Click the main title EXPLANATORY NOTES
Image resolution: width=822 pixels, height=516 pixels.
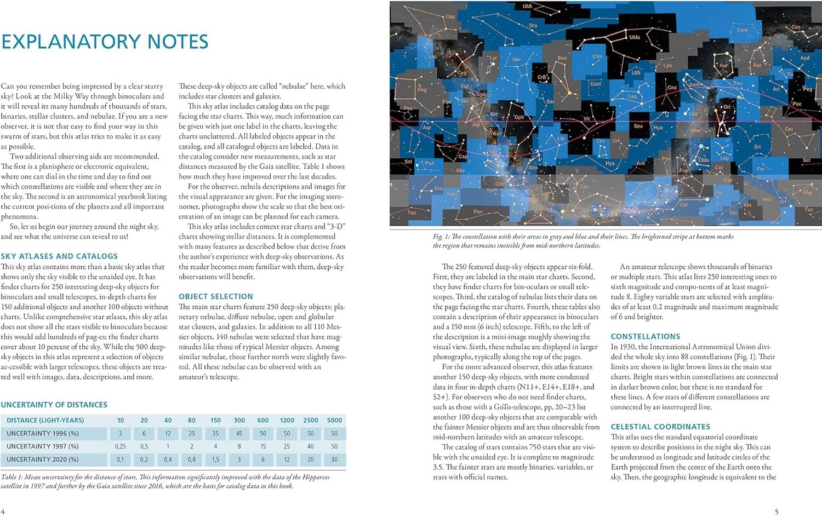(x=104, y=42)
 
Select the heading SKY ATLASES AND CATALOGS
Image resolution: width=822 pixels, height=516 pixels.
(x=59, y=256)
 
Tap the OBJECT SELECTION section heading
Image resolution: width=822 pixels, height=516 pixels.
(x=215, y=296)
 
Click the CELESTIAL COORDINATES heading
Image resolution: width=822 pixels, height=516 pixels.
(x=660, y=426)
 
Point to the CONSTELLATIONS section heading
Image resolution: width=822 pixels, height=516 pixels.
(x=645, y=336)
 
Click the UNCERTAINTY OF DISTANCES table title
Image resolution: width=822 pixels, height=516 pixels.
(x=54, y=405)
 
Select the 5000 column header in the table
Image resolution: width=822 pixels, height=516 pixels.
(x=334, y=420)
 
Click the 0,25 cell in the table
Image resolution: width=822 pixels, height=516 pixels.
(x=120, y=446)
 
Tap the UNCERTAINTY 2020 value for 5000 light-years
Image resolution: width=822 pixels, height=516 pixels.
(x=334, y=460)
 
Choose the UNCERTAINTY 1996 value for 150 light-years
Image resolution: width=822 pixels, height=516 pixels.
(x=215, y=433)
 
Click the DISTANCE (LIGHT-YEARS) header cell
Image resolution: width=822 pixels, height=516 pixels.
(x=45, y=420)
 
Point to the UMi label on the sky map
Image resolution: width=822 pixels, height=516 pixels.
(x=527, y=7)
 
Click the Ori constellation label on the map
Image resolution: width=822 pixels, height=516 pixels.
(x=727, y=107)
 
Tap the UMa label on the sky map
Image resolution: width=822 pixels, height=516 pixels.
(x=634, y=37)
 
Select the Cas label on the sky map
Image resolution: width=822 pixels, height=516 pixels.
(x=795, y=27)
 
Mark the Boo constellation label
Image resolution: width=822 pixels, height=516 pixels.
(x=562, y=58)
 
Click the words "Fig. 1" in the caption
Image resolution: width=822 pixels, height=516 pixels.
(x=438, y=237)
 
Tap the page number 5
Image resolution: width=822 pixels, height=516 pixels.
(x=776, y=512)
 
